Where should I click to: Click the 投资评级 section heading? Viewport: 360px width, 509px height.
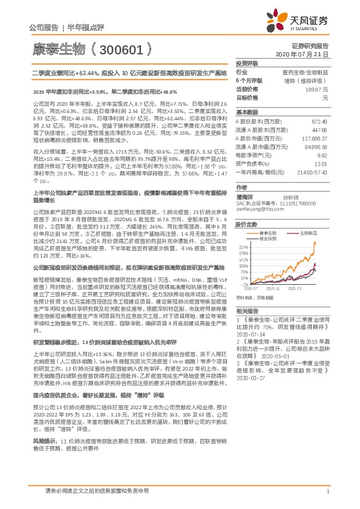(x=247, y=63)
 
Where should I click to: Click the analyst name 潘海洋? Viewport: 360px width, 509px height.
(x=245, y=197)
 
